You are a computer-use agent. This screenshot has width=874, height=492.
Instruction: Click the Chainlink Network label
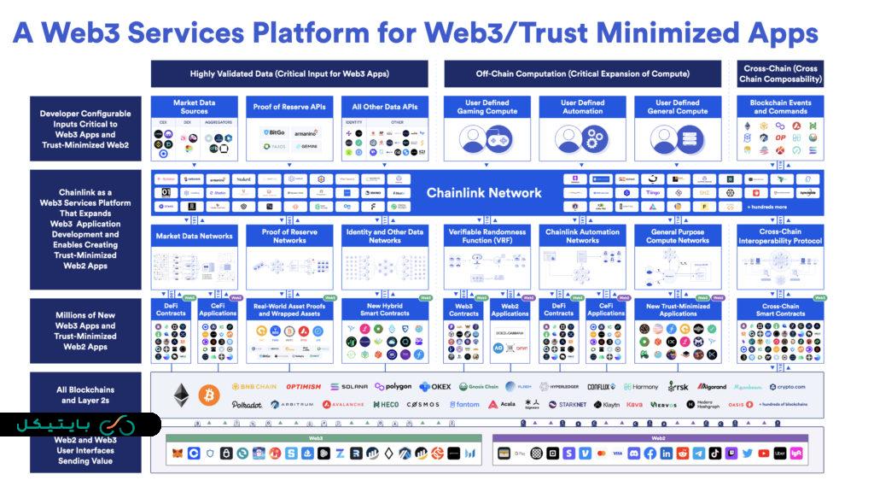pyautogui.click(x=484, y=193)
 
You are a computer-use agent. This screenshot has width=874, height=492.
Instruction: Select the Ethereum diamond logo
pyautogui.click(x=181, y=394)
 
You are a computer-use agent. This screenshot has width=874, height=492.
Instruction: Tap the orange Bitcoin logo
pyautogui.click(x=208, y=395)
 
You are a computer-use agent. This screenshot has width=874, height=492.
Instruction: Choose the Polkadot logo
pyautogui.click(x=247, y=404)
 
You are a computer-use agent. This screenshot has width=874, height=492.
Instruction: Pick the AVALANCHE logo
pyautogui.click(x=343, y=404)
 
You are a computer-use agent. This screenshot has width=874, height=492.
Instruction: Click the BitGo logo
pyautogui.click(x=274, y=132)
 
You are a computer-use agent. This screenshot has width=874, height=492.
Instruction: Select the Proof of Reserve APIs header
pyautogui.click(x=289, y=108)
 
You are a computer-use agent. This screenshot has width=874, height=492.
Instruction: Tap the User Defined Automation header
pyautogui.click(x=582, y=107)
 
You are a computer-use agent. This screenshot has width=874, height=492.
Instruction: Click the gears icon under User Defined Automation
pyautogui.click(x=582, y=138)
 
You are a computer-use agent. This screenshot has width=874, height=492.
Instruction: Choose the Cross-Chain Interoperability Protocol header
pyautogui.click(x=780, y=236)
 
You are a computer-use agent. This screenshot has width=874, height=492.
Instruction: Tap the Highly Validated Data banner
pyautogui.click(x=289, y=74)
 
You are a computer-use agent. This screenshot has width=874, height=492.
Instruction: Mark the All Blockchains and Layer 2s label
pyautogui.click(x=85, y=395)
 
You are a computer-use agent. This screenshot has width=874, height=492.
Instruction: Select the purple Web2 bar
pyautogui.click(x=658, y=438)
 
